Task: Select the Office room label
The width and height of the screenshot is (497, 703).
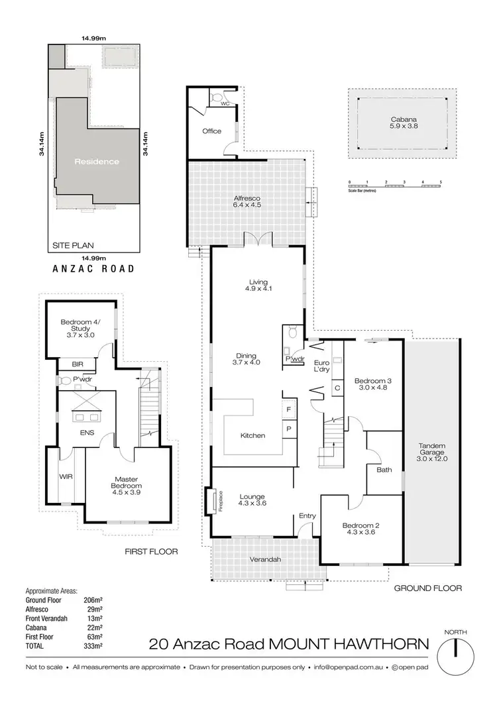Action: [211, 131]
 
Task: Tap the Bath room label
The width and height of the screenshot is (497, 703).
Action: [384, 470]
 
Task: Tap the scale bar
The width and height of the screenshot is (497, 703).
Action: [394, 186]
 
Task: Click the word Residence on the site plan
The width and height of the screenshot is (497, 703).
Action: [97, 161]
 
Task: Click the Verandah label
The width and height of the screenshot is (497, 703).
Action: [265, 559]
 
